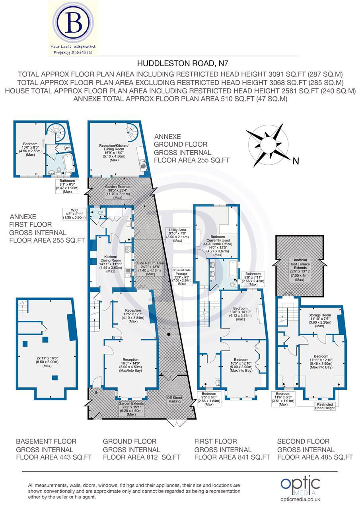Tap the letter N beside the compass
click(295, 161)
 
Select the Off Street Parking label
click(174, 399)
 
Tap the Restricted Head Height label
click(323, 406)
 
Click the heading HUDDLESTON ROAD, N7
click(180, 63)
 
